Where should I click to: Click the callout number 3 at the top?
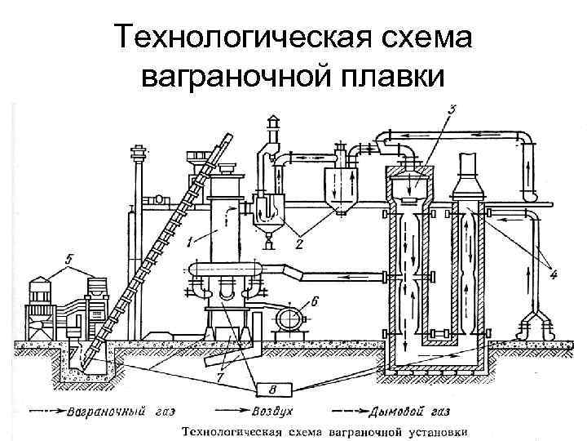tap(453, 107)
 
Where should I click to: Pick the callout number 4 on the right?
tap(554, 275)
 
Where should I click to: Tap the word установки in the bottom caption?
tap(439, 430)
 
